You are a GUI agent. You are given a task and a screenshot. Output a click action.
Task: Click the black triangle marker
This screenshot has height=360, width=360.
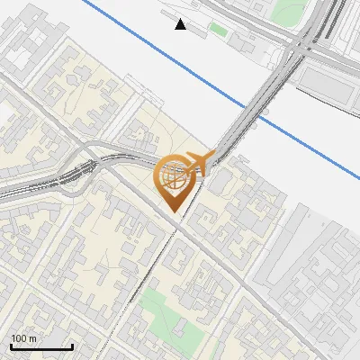pos(181,24)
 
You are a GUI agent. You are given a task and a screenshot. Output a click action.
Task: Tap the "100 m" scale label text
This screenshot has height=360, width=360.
pos(24,338)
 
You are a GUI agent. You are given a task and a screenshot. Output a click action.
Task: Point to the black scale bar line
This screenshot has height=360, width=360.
pos(41,346)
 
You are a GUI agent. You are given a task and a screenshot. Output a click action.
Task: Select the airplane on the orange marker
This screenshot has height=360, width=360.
pos(198,164)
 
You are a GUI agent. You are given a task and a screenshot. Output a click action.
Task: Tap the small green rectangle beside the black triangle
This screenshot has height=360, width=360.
pos(218,30)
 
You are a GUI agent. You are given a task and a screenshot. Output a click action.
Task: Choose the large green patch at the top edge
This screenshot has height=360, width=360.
pos(290,10)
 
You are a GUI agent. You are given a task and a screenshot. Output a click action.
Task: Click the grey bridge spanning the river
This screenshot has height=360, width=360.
pos(252,108)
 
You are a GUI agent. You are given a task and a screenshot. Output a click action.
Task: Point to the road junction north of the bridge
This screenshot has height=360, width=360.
pos(301,45)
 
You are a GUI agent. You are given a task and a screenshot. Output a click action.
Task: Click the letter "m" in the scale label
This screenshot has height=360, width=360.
pos(32,339)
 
